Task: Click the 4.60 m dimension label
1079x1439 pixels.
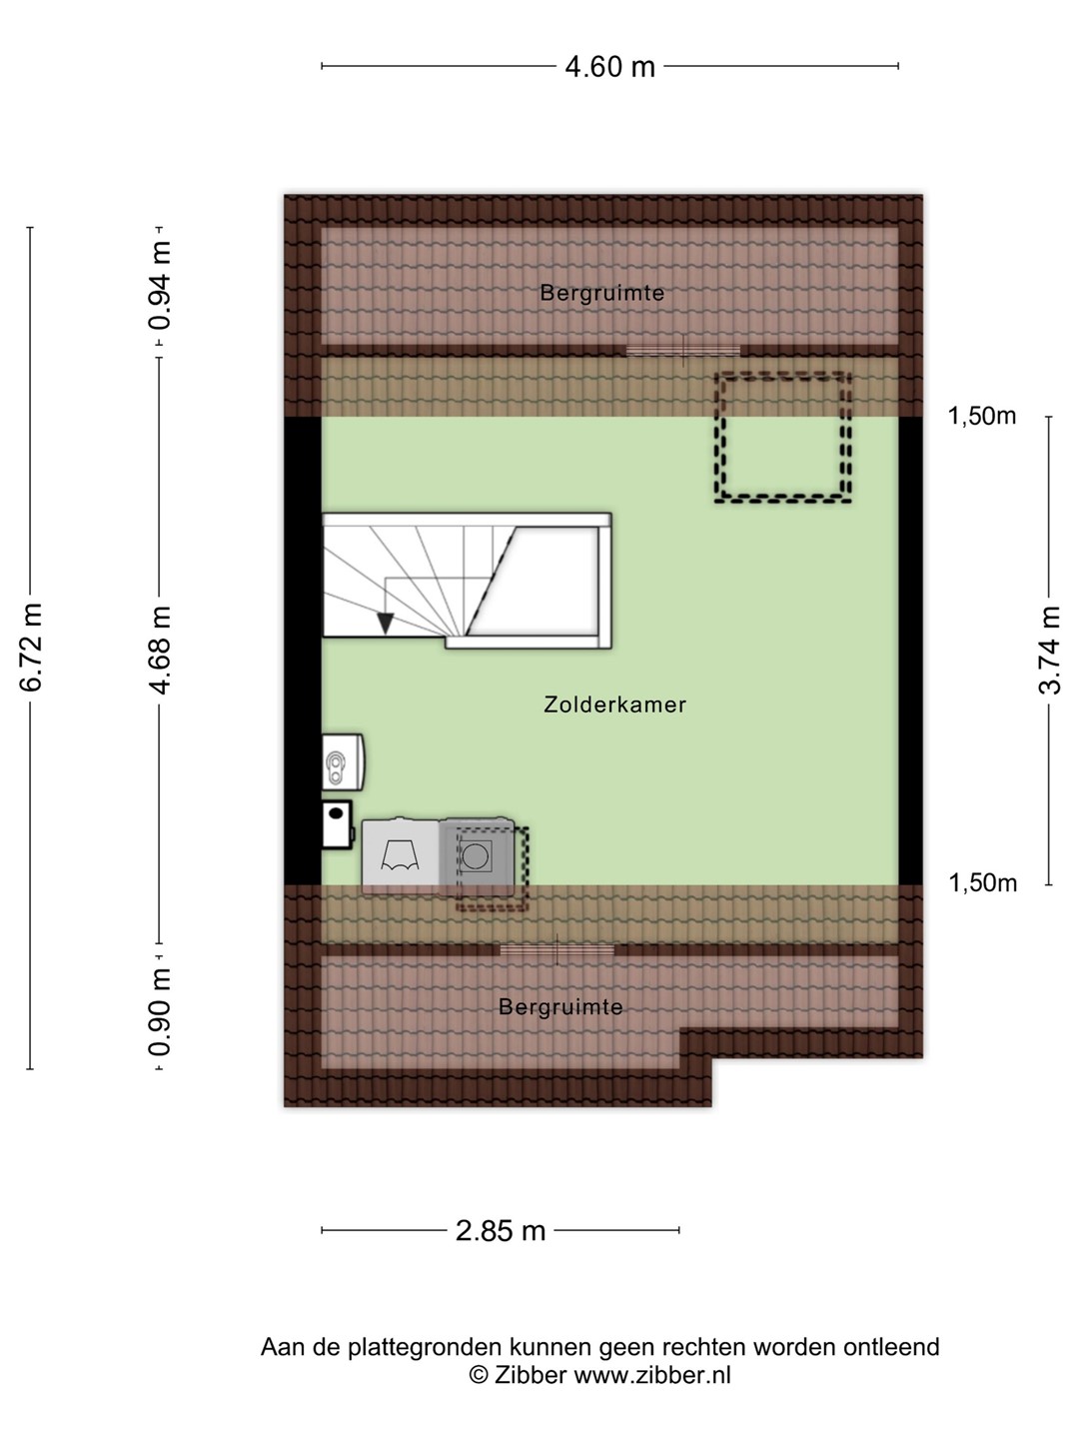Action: pyautogui.click(x=609, y=67)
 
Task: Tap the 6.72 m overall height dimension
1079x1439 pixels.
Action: pyautogui.click(x=31, y=647)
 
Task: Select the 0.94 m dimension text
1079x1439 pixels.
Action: pyautogui.click(x=161, y=285)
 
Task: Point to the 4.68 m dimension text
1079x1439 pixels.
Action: pyautogui.click(x=161, y=650)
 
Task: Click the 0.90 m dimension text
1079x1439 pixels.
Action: pyautogui.click(x=161, y=1011)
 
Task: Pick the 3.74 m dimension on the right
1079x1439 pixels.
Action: pyautogui.click(x=1049, y=650)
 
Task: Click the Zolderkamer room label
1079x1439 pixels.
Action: pyautogui.click(x=615, y=705)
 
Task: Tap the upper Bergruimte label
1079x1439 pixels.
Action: pyautogui.click(x=602, y=293)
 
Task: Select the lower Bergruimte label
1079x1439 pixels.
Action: pyautogui.click(x=560, y=1007)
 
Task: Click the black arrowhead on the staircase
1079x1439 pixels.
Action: pyautogui.click(x=386, y=623)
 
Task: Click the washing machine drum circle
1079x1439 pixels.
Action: pyautogui.click(x=475, y=856)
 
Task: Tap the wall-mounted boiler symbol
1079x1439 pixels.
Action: pyautogui.click(x=343, y=761)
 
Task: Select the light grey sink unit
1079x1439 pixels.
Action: pyautogui.click(x=401, y=856)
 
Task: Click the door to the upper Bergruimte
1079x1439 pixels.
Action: pyautogui.click(x=683, y=351)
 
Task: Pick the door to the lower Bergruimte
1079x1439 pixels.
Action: pyautogui.click(x=557, y=950)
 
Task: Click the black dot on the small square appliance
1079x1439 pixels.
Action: pyautogui.click(x=336, y=813)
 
